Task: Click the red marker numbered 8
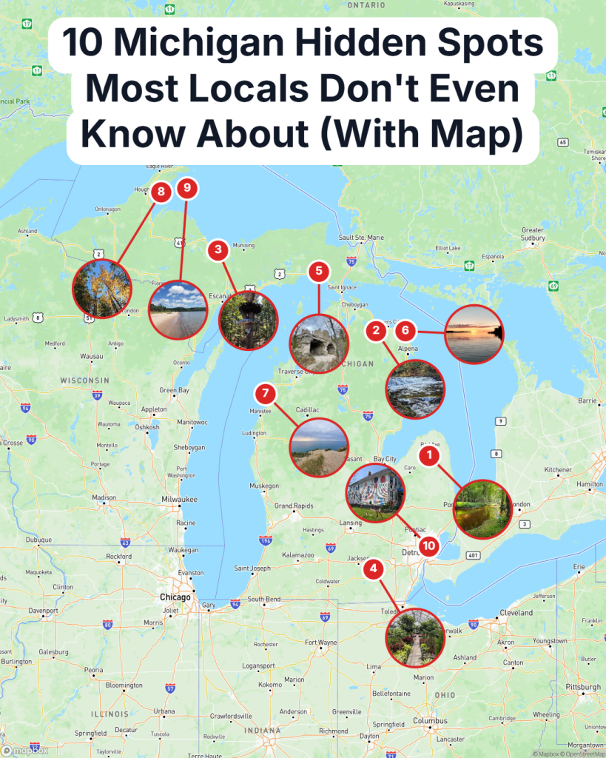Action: click(160, 193)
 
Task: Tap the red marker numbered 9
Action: click(186, 189)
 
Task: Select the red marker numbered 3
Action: click(218, 249)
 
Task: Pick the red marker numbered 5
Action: click(319, 271)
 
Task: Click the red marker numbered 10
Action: click(428, 546)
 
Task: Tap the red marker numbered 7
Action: click(265, 393)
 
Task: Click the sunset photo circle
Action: click(474, 334)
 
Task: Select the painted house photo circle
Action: click(375, 493)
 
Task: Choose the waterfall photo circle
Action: click(415, 389)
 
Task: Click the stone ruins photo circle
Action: click(319, 343)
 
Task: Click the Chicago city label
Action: click(175, 597)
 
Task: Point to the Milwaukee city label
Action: click(180, 500)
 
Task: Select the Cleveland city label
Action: click(516, 613)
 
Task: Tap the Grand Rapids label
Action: click(294, 506)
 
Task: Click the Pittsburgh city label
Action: click(580, 688)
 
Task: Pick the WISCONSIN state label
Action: click(85, 380)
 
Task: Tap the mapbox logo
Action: click(25, 750)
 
